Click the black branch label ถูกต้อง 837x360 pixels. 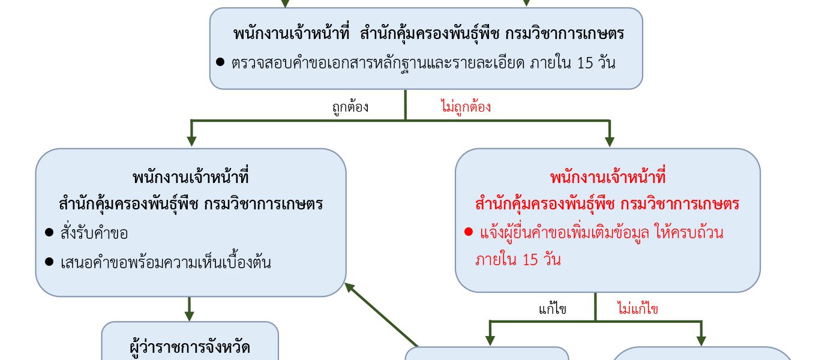point(350,107)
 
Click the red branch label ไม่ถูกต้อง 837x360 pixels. point(466,107)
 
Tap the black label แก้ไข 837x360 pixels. point(552,309)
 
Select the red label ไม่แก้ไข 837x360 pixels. point(637,308)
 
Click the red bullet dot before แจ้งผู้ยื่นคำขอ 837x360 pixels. point(469,232)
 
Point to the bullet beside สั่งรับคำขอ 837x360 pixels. point(49,232)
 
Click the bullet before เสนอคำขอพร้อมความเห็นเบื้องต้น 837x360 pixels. point(49,262)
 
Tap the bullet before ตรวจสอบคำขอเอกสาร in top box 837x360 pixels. point(220,62)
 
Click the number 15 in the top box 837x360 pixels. point(585,63)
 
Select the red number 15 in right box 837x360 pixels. point(530,260)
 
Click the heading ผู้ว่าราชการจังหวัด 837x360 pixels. point(190,347)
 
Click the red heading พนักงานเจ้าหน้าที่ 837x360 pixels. point(608,177)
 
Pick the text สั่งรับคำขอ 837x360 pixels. point(94,233)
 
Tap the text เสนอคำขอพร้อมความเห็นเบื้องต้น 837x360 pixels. point(166,262)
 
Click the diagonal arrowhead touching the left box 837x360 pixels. point(349,287)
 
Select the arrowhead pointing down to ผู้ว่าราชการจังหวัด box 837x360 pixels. point(189,316)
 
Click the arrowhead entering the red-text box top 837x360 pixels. point(610,142)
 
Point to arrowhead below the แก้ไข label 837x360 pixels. point(490,341)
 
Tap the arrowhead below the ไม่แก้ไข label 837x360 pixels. point(701,341)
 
